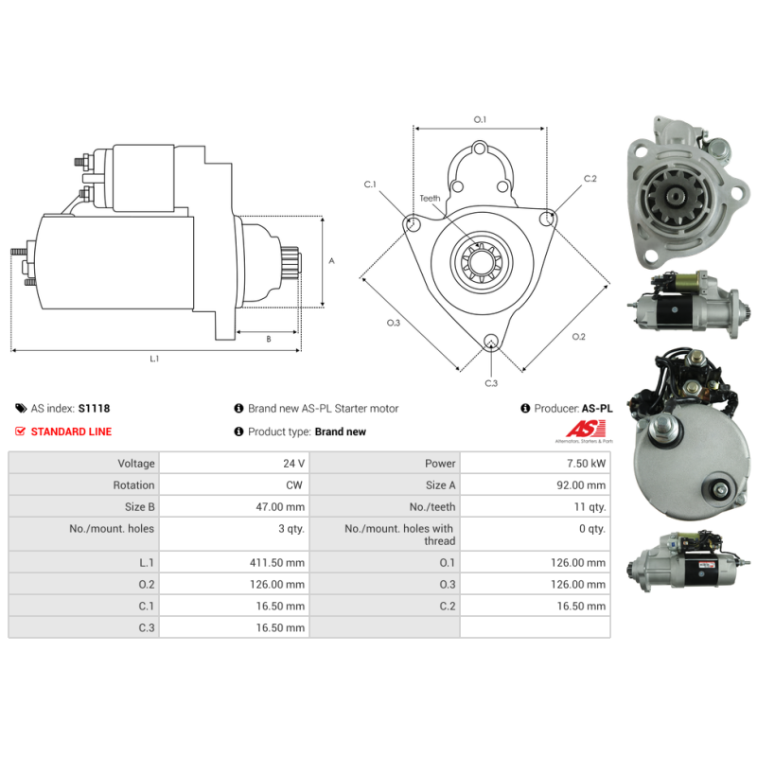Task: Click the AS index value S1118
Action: (94, 409)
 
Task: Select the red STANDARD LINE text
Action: (72, 431)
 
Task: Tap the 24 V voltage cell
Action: (293, 464)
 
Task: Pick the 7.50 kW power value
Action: (586, 464)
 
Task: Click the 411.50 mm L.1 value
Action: (277, 562)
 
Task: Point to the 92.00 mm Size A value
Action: (581, 485)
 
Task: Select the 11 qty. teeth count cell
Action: (590, 507)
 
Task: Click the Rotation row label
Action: (133, 485)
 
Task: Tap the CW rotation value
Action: (294, 485)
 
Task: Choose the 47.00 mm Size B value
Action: (280, 507)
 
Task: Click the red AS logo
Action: (586, 429)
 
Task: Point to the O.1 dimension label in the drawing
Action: (480, 120)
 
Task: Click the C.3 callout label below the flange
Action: (491, 383)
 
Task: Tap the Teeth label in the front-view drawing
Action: (430, 199)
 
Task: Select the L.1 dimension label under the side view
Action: (154, 359)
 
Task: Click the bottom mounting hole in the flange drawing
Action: (491, 341)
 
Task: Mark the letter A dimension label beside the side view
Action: (332, 261)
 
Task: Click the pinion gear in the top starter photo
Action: (675, 197)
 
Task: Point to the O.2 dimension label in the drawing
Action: (579, 337)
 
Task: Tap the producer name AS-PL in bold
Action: (597, 409)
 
